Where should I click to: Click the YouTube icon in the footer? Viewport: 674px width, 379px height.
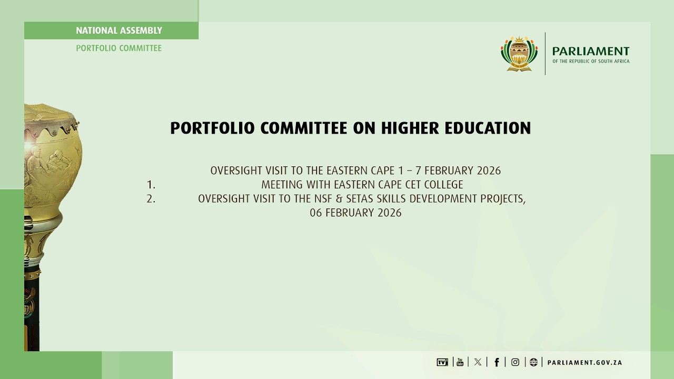(460, 362)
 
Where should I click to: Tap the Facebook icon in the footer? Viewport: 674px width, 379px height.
(497, 362)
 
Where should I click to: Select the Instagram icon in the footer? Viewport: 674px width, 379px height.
(515, 362)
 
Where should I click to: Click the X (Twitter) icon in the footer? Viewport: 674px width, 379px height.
(478, 362)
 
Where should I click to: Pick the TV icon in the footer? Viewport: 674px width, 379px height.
(442, 362)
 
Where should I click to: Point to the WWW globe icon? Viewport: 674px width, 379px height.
(533, 362)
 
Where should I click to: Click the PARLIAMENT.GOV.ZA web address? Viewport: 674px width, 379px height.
(584, 363)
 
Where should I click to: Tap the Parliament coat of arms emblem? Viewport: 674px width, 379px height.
(519, 54)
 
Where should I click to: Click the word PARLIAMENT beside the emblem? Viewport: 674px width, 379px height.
(590, 51)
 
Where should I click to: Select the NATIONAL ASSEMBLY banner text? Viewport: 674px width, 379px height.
(119, 31)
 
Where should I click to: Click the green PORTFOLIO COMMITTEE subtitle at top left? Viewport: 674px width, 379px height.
(119, 48)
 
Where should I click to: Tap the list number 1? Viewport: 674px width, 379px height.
(151, 185)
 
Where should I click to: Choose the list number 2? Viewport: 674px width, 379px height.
(151, 199)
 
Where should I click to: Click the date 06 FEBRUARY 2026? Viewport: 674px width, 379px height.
(355, 213)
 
